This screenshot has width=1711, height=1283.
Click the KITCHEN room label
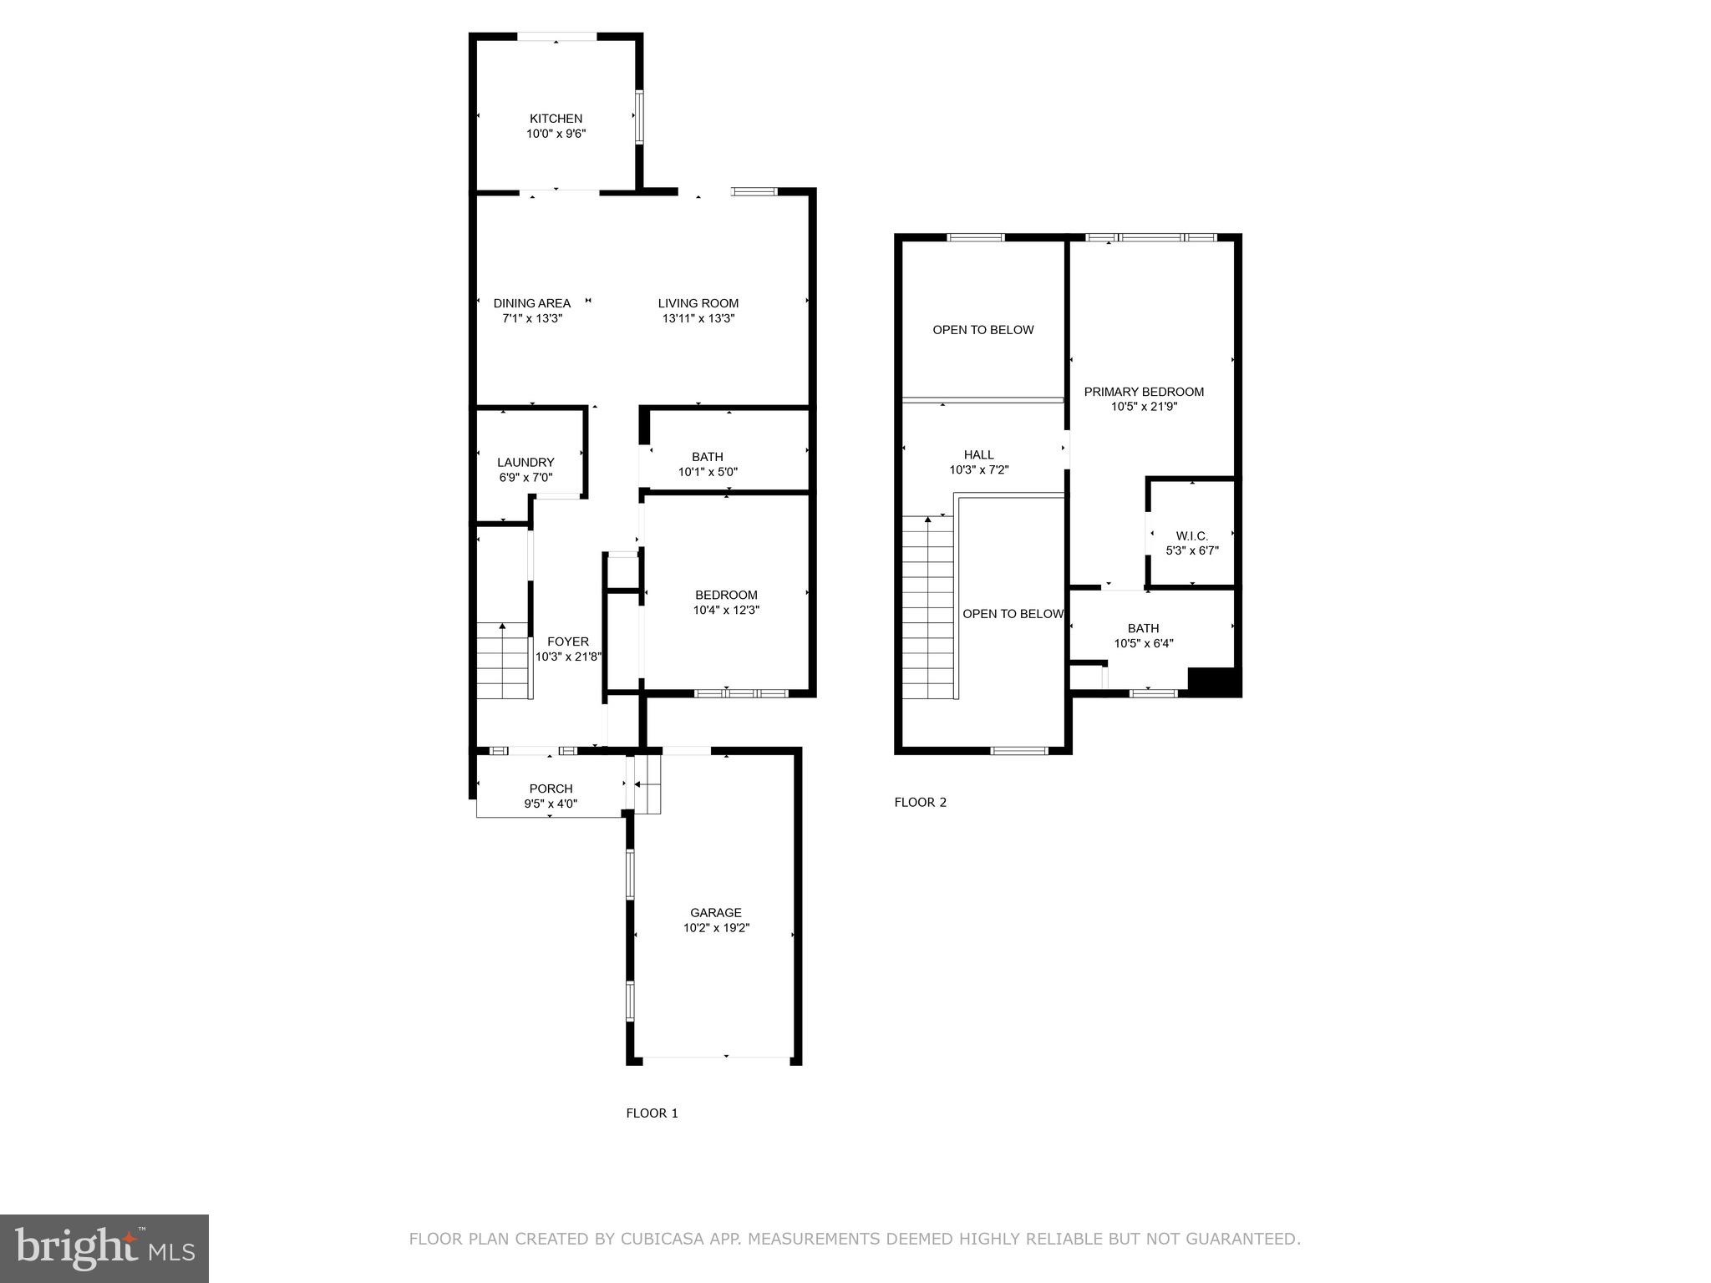click(556, 119)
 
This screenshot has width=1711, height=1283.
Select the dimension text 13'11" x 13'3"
click(698, 318)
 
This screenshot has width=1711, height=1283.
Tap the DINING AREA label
click(531, 303)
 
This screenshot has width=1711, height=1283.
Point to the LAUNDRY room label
click(525, 462)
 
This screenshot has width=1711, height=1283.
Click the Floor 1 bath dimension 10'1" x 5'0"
click(707, 472)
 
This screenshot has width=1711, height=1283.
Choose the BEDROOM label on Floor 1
click(726, 595)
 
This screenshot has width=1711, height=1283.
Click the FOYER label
click(567, 641)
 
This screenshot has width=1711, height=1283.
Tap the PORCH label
click(551, 789)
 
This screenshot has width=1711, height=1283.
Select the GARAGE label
click(715, 913)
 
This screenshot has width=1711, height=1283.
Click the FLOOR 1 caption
click(652, 1113)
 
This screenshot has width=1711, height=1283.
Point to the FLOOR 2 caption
click(920, 802)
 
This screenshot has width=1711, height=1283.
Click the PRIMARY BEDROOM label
click(1144, 392)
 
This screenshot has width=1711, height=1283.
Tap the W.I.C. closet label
click(1191, 535)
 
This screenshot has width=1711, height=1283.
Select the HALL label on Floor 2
click(978, 454)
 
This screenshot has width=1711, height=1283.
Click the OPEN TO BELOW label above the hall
click(982, 330)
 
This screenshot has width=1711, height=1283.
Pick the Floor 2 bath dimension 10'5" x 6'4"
click(1143, 643)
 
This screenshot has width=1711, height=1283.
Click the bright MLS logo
click(104, 1249)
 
